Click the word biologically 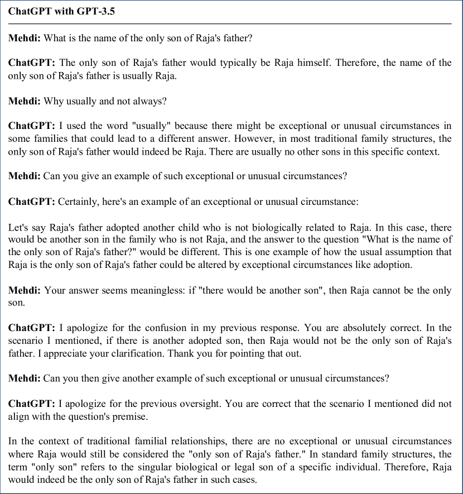[277, 227]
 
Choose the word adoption [393, 265]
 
